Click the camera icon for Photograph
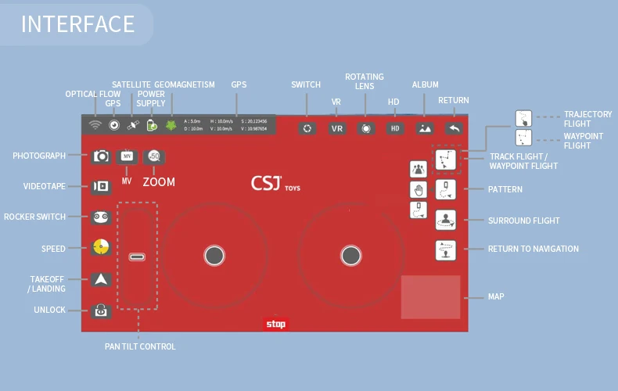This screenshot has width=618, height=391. [x=102, y=156]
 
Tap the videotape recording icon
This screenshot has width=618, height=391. [x=102, y=187]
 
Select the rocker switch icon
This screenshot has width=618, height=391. [x=102, y=217]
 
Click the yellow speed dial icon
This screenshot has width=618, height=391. [x=101, y=248]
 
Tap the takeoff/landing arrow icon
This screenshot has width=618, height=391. [x=102, y=279]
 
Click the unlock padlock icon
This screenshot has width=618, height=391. [x=102, y=310]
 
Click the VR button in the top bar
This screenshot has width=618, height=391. [x=337, y=128]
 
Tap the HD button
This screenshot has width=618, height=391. [x=395, y=128]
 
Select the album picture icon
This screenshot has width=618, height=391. [x=425, y=128]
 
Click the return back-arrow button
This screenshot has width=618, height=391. [x=454, y=128]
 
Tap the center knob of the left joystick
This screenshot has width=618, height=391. [x=214, y=255]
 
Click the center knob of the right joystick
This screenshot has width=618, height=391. [x=351, y=255]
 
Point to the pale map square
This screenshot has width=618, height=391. [x=430, y=297]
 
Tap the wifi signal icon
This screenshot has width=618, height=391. [x=95, y=125]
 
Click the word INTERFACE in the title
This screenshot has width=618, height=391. [x=77, y=24]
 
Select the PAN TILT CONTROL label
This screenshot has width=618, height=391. [x=140, y=346]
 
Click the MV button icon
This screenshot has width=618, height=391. [x=127, y=156]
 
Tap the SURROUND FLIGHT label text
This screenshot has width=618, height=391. [x=523, y=221]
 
